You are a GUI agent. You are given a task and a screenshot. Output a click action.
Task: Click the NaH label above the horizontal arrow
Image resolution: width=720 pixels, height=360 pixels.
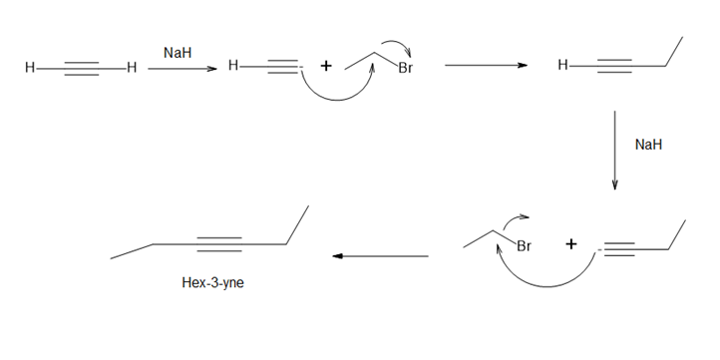pos(178,53)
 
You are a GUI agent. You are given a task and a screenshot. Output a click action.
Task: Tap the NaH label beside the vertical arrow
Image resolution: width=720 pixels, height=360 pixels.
pos(648,145)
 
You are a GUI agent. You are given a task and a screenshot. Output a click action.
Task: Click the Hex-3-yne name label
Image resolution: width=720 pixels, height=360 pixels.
pos(212,282)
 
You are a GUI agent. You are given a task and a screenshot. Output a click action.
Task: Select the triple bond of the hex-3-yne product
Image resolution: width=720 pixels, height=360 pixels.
pos(219,244)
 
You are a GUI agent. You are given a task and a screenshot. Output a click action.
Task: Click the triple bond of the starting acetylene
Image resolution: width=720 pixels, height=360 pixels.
pos(82,69)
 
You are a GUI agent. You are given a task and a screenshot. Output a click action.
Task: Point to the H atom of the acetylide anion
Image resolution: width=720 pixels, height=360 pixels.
pos(233,66)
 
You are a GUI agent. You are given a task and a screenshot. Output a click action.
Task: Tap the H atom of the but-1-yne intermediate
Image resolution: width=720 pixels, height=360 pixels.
pos(563,66)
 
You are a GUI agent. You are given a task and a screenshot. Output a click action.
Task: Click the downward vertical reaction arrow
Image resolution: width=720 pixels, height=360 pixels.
pos(614,151)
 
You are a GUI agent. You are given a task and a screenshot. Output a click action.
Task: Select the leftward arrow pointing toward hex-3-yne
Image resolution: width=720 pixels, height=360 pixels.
pos(380,255)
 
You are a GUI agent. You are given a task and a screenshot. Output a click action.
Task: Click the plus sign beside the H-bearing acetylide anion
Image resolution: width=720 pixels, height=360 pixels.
pos(325,66)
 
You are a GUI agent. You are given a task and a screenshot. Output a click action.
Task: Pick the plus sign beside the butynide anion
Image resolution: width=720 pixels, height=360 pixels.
pos(570,244)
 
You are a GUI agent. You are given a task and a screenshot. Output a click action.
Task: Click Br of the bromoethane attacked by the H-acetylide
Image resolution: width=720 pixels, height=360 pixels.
pos(405,69)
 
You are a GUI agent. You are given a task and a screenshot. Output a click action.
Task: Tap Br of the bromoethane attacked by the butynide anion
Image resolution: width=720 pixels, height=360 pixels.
pos(524,246)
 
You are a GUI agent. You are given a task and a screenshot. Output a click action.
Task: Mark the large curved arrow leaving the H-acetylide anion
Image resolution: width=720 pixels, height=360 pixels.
pos(337,100)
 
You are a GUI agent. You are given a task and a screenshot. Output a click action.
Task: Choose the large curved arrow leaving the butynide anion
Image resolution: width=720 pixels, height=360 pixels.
pos(546,286)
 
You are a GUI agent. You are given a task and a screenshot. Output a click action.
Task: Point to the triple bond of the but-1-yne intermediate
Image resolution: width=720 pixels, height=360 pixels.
pos(614,66)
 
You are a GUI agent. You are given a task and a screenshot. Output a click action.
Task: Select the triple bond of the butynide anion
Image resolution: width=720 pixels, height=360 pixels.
pos(619,249)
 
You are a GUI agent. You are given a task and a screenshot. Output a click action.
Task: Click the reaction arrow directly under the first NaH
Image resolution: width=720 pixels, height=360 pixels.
pos(182,69)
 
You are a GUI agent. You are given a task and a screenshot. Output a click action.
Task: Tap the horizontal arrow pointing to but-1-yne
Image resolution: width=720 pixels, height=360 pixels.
pos(487,65)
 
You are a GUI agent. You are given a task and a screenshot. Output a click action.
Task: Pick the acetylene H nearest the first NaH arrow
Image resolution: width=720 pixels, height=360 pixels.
pos(132,69)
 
